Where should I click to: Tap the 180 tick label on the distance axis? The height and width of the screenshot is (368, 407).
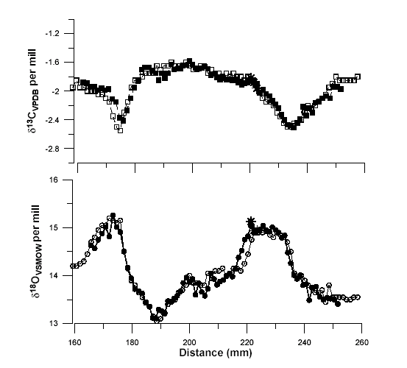pos(132,343)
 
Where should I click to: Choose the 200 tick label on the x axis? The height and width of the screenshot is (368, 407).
pos(189,343)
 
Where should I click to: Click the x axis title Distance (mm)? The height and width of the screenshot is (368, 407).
pos(218,354)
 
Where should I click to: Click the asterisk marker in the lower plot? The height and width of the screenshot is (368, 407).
pos(251,221)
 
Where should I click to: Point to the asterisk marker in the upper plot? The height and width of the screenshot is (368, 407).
pos(252,77)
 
